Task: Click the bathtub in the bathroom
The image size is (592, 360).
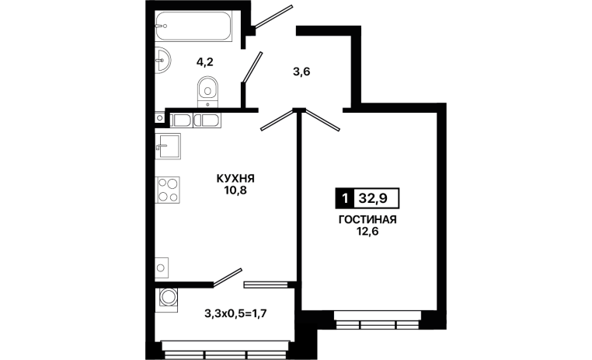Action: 193,26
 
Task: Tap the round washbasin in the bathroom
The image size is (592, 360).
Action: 162,60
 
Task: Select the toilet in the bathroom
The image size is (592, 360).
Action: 207,93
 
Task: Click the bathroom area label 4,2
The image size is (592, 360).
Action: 204,61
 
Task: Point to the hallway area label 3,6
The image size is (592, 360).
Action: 301,72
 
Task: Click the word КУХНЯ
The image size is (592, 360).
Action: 235,178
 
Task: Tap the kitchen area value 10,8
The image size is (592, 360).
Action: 235,190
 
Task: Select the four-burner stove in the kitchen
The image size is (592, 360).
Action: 167,190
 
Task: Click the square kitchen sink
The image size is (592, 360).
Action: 168,146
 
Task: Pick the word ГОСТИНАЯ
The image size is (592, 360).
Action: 367,219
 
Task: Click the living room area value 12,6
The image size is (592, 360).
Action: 367,231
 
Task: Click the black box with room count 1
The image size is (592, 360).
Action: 344,198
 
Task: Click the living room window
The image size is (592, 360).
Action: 378,320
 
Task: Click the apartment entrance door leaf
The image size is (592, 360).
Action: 273,17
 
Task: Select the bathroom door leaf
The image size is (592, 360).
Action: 252,67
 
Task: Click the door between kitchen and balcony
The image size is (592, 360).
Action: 227,278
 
